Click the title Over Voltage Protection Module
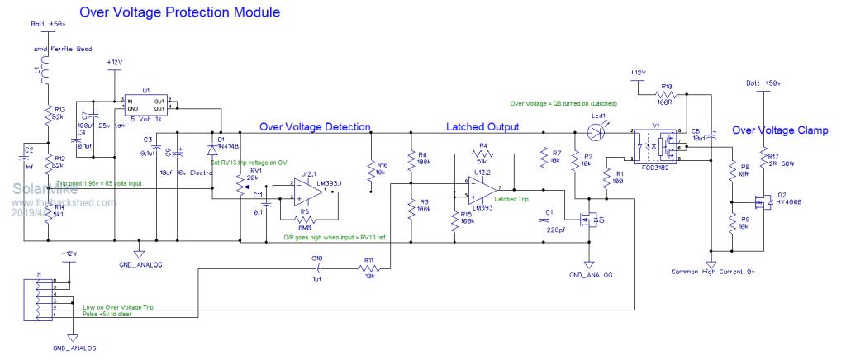pyautogui.click(x=179, y=13)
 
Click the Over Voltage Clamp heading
pyautogui.click(x=781, y=130)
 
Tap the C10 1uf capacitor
pyautogui.click(x=318, y=268)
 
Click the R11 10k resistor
pyautogui.click(x=368, y=268)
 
